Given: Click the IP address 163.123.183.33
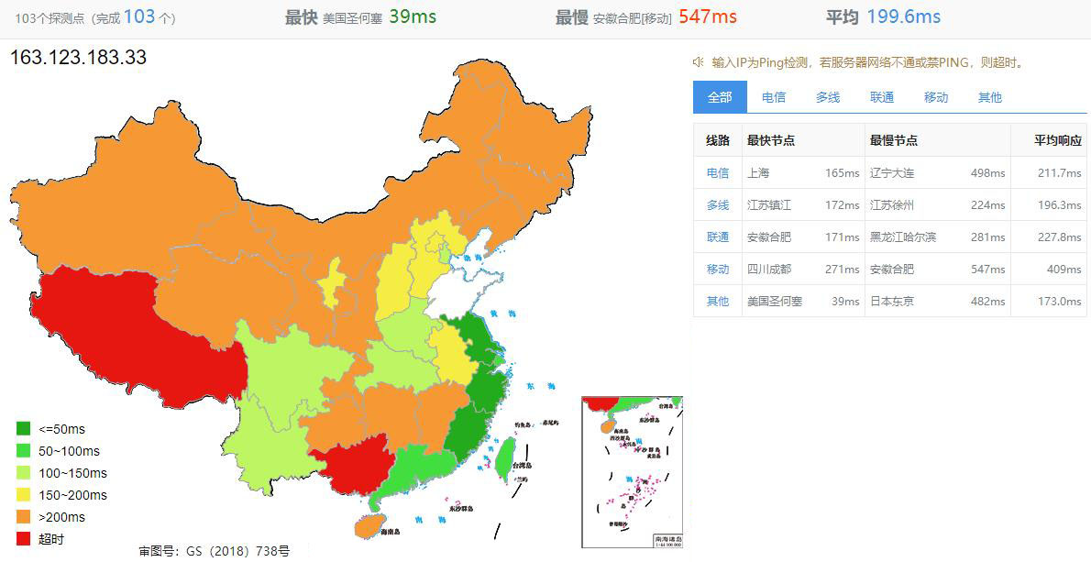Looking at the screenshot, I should [x=78, y=58].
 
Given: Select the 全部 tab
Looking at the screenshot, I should [x=720, y=97].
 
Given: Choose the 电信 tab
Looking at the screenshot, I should [x=774, y=97].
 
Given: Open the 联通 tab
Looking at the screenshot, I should [x=882, y=97].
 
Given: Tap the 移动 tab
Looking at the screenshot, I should [x=936, y=97].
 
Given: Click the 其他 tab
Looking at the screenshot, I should [x=990, y=97].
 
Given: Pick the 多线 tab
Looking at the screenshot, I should [x=828, y=97].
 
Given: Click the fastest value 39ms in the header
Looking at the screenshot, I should [x=413, y=17].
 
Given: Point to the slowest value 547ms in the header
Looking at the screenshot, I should [x=708, y=17].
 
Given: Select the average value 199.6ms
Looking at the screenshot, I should [x=905, y=17].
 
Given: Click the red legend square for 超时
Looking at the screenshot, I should [x=24, y=539].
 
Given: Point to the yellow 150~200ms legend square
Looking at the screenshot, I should [x=24, y=495].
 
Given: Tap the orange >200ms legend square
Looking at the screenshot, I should [x=24, y=517].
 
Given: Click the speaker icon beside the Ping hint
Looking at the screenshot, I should [x=699, y=62].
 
